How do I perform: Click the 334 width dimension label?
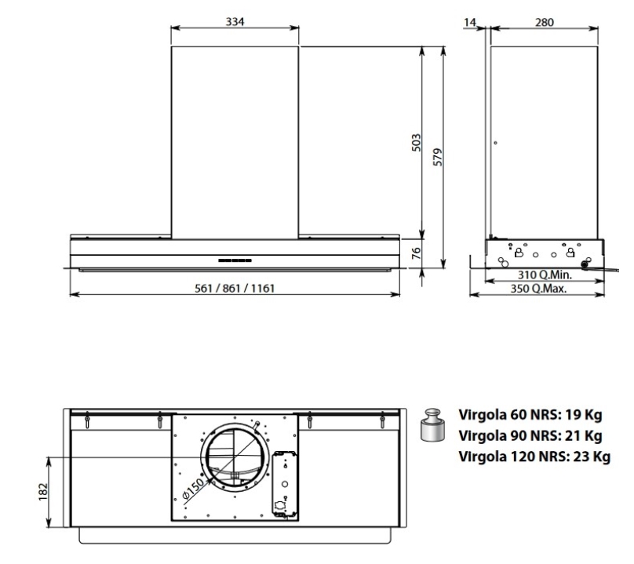point(235,21)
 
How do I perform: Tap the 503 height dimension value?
point(416,143)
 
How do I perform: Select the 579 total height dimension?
point(438,157)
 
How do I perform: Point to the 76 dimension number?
point(416,253)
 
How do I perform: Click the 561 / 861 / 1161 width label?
point(235,288)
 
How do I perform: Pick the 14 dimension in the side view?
point(470,22)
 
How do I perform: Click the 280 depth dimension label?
point(545,22)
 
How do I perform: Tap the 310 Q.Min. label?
point(545,275)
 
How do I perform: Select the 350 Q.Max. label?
point(538,289)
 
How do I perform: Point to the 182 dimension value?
point(43,492)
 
